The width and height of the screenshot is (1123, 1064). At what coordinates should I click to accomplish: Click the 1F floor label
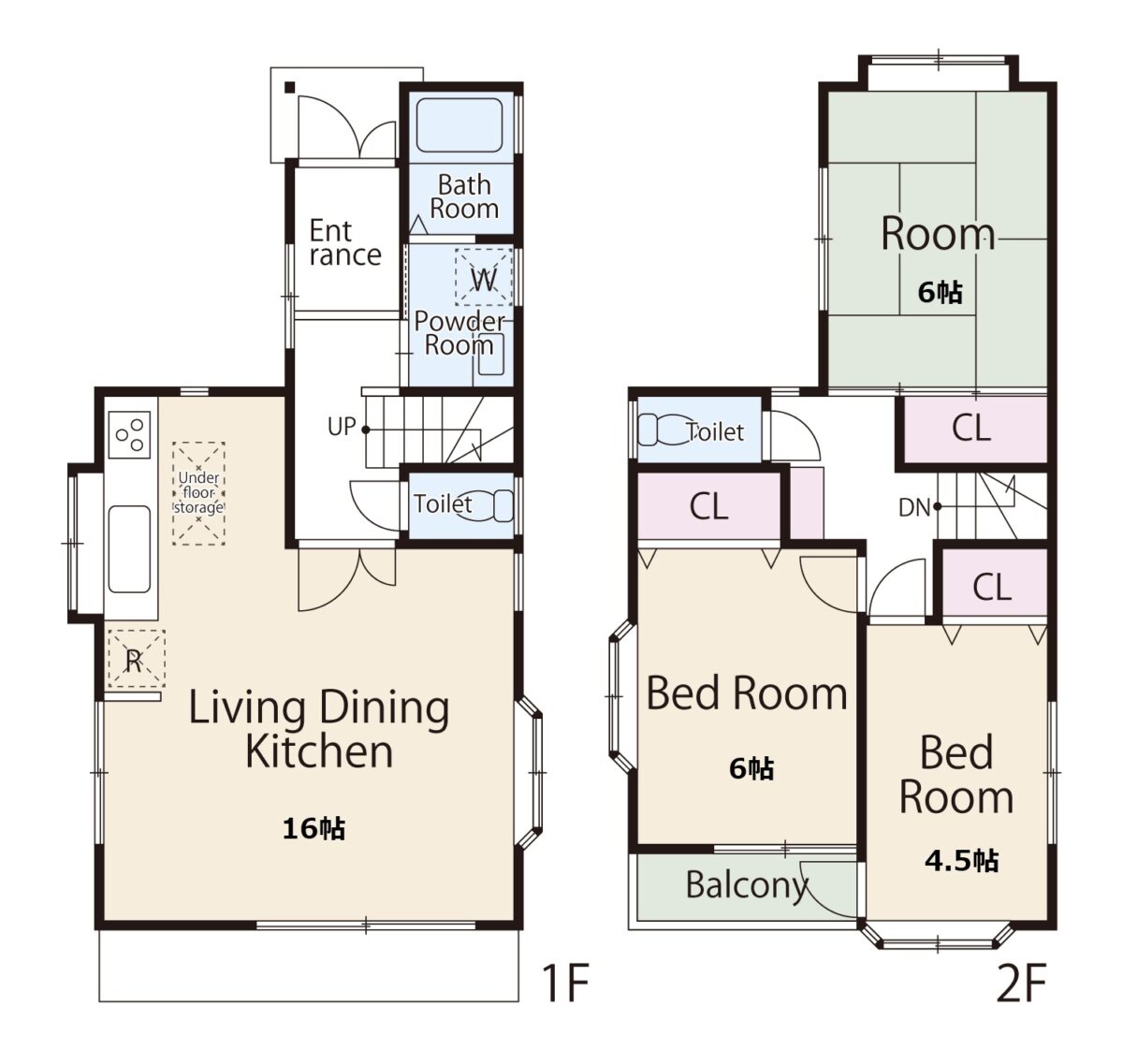[x=565, y=983]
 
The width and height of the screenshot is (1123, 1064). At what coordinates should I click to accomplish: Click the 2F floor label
[x=1021, y=983]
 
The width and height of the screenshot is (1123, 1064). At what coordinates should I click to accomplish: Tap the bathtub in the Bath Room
[x=459, y=125]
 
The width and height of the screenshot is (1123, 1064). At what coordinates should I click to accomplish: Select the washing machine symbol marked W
[x=483, y=277]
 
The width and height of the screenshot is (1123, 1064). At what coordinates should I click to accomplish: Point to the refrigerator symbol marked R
[x=136, y=659]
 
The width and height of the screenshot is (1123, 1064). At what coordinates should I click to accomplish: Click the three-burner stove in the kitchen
[x=130, y=435]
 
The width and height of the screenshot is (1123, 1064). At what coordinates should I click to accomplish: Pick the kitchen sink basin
[x=129, y=549]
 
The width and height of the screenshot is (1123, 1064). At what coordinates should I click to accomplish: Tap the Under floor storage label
[x=198, y=492]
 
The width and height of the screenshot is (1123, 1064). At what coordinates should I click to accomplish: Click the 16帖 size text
[x=314, y=828]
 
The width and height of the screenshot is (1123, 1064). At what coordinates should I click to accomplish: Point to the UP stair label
[x=342, y=427]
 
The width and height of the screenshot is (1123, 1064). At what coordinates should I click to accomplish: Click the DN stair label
[x=914, y=507]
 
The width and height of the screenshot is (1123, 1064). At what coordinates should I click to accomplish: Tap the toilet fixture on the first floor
[x=486, y=505]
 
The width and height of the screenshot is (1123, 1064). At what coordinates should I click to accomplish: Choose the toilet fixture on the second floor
[x=666, y=430]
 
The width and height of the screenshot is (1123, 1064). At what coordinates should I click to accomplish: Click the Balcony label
[x=747, y=885]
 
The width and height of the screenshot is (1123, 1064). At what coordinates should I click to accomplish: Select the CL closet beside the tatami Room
[x=971, y=428]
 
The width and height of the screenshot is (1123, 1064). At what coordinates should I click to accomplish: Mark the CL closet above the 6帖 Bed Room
[x=708, y=505]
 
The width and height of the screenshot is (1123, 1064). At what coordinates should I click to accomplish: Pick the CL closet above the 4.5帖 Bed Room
[x=992, y=587]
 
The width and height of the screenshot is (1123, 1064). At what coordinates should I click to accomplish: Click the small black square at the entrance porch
[x=289, y=87]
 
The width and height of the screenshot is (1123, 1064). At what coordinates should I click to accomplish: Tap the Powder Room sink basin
[x=491, y=355]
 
